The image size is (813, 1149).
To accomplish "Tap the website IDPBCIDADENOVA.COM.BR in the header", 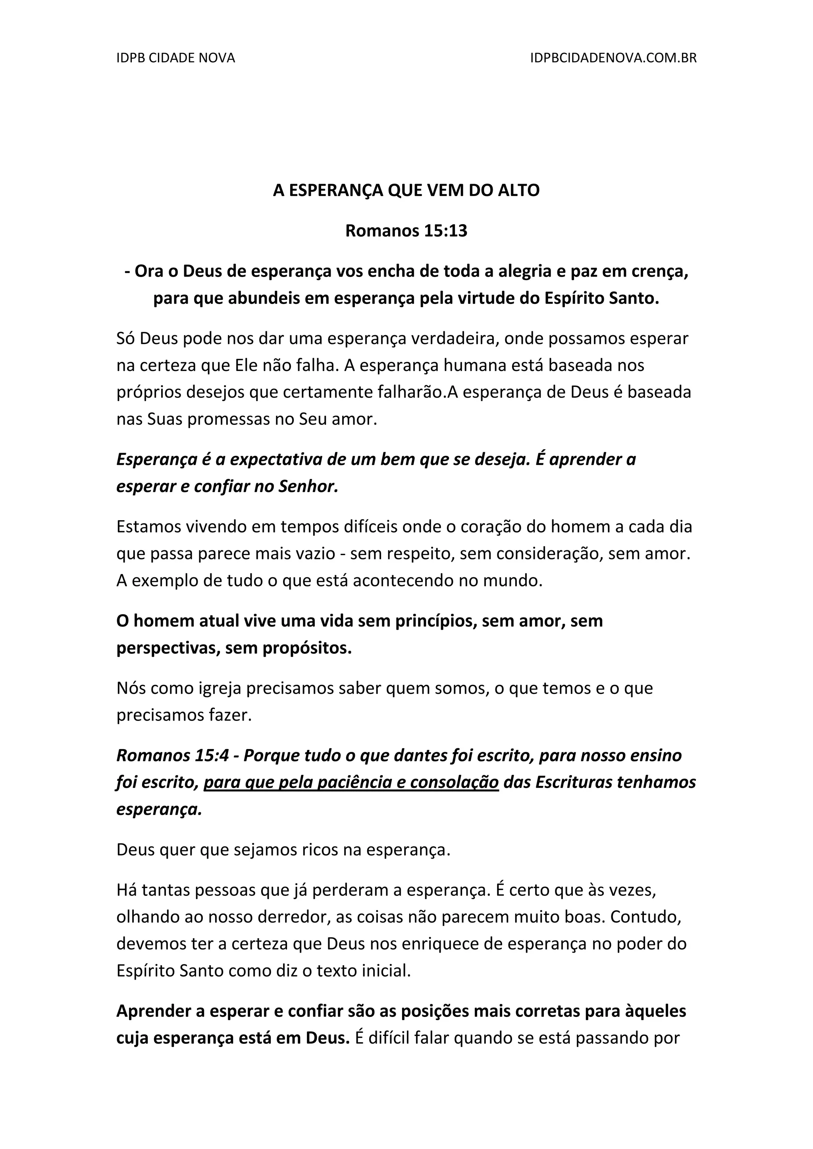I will pyautogui.click(x=613, y=58).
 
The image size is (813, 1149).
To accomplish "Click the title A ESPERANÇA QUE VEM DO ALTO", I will pyautogui.click(x=406, y=191).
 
